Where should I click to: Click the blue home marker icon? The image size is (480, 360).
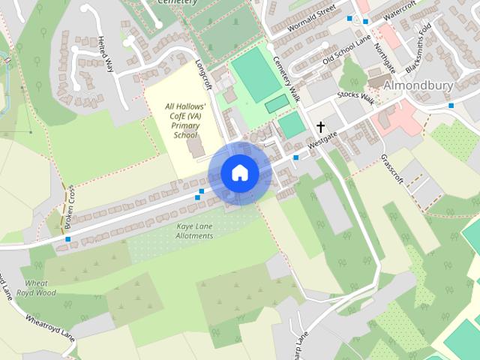pos(239,173)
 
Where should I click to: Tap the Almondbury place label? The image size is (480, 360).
pos(418,85)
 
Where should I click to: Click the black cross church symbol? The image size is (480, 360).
pos(321,127)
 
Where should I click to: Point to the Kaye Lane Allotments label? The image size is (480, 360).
pos(184,230)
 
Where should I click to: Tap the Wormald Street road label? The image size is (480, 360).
pos(302,19)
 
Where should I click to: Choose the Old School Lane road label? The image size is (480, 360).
pos(347,51)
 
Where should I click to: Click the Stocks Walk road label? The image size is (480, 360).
pos(355,96)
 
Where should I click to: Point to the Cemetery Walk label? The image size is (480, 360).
pos(286,79)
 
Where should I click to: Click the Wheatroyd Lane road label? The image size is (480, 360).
pos(51,328)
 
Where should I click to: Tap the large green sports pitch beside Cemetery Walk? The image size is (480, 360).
pos(256,73)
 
